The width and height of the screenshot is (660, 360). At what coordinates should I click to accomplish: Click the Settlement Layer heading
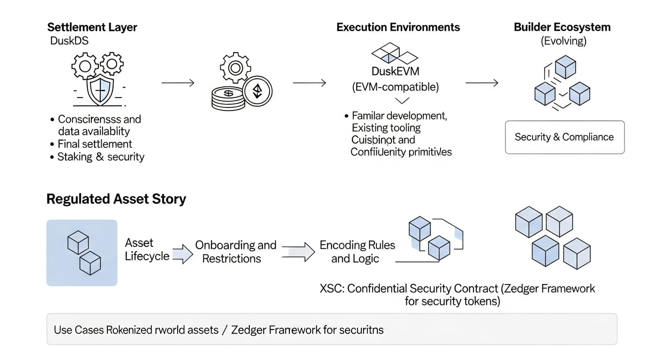(x=92, y=27)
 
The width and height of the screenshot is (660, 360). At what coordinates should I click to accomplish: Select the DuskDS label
(x=69, y=41)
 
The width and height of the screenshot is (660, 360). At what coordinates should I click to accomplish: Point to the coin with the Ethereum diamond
(x=258, y=91)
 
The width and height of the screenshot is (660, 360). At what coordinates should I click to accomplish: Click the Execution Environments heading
(x=398, y=27)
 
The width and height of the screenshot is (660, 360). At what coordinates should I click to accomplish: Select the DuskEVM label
(x=395, y=72)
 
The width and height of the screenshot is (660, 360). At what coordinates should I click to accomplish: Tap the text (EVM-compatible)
(x=395, y=87)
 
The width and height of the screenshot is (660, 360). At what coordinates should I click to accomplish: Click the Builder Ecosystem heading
(x=562, y=27)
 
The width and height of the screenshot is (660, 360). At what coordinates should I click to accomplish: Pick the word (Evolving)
(x=563, y=41)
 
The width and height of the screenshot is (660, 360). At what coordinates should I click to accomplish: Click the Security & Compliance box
(x=564, y=137)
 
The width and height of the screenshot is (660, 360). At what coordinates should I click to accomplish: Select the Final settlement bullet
(x=95, y=144)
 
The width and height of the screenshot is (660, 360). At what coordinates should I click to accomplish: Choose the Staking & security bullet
(x=100, y=157)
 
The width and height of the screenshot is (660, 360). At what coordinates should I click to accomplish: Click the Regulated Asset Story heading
(x=116, y=199)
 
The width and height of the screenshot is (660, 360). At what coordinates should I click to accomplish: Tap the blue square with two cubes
(x=82, y=253)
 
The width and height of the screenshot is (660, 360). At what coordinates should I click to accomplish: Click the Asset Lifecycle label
(x=146, y=250)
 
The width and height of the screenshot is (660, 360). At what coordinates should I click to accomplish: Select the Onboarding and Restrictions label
(x=235, y=252)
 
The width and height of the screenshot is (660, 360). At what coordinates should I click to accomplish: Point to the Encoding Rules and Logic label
(x=357, y=252)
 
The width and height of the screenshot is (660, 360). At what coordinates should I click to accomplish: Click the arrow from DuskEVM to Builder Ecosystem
(x=481, y=83)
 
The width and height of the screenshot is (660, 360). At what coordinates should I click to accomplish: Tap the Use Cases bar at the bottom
(x=331, y=329)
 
